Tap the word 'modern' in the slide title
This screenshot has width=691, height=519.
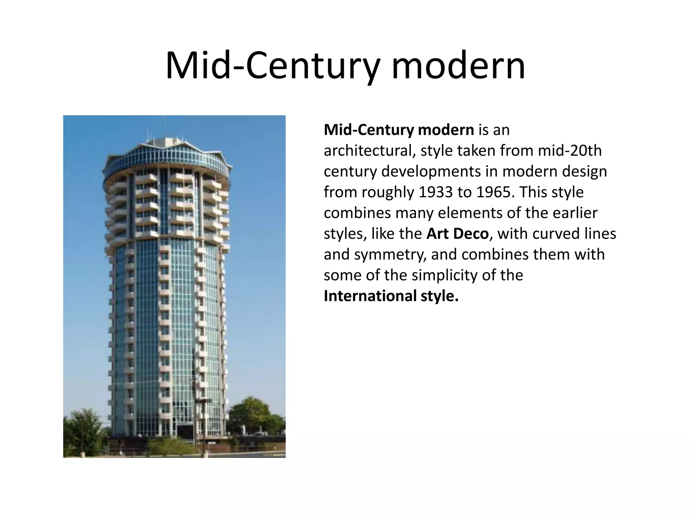[458, 66]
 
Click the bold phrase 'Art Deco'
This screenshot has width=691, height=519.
[457, 234]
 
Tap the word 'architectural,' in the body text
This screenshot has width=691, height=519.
[370, 151]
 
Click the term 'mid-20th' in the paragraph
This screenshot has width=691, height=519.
[570, 151]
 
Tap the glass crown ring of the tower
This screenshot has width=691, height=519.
[167, 159]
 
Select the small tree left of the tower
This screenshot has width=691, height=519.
[83, 429]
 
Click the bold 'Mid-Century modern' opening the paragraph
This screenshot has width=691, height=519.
[399, 130]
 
